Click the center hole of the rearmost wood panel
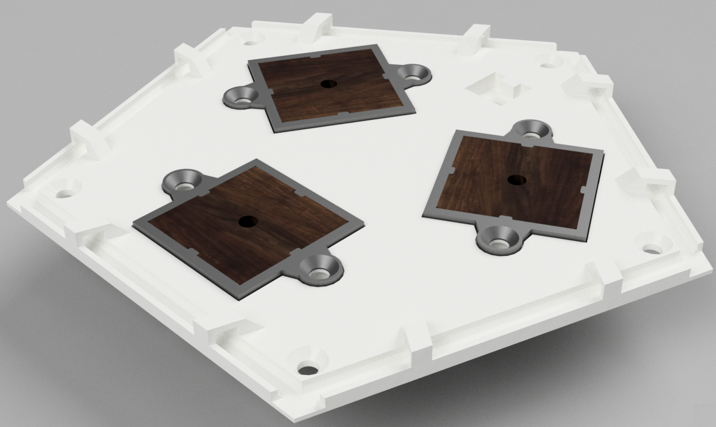(327, 84)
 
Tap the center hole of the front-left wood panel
(246, 222)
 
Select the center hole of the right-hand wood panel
(516, 180)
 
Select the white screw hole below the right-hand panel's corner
(653, 247)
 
